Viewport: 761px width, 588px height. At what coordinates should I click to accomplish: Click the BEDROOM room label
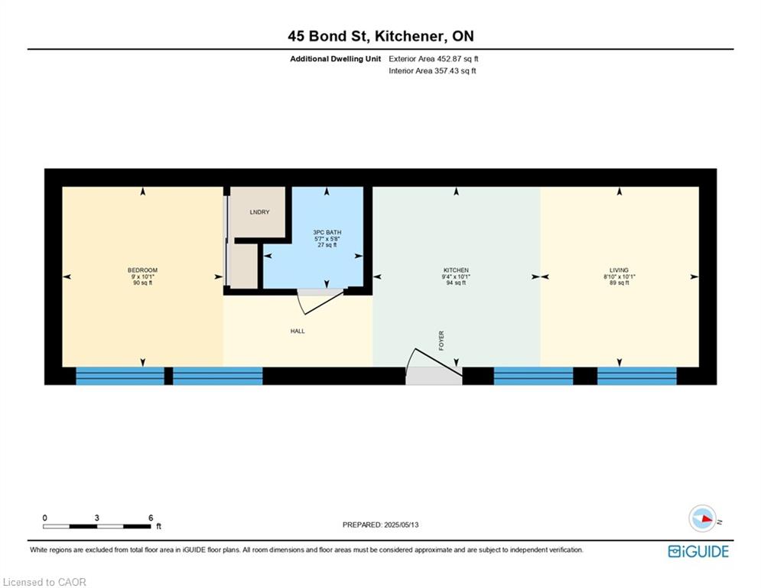click(x=142, y=270)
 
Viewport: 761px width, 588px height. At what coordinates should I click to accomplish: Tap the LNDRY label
click(x=259, y=212)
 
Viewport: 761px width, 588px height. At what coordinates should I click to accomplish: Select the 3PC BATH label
click(x=327, y=232)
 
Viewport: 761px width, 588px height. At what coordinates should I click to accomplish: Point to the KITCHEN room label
click(x=456, y=270)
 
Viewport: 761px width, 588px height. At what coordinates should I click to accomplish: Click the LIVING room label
click(x=619, y=270)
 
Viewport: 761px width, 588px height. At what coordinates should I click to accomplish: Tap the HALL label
click(x=298, y=331)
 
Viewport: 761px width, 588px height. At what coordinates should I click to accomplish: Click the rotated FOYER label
click(x=441, y=341)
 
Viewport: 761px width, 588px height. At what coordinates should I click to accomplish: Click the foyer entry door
click(x=434, y=365)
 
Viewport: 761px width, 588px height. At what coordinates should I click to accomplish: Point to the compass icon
click(x=702, y=518)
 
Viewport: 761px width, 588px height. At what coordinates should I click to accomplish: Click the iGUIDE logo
click(x=698, y=551)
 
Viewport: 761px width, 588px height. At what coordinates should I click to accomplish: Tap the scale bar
click(x=96, y=526)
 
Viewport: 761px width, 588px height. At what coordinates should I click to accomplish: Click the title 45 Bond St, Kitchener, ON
click(x=381, y=36)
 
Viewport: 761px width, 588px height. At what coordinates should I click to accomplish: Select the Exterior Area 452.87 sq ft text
click(x=434, y=59)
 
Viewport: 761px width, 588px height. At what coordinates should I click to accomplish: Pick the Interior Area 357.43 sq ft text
click(x=432, y=71)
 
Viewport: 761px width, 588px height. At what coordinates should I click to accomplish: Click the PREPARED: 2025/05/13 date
click(x=381, y=524)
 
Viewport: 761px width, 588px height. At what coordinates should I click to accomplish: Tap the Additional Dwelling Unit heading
click(x=335, y=59)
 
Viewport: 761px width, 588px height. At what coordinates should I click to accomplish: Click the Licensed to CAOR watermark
click(x=44, y=582)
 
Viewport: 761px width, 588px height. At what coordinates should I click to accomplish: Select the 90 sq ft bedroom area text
click(x=142, y=283)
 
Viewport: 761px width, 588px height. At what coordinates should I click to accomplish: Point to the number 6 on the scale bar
click(x=151, y=518)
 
